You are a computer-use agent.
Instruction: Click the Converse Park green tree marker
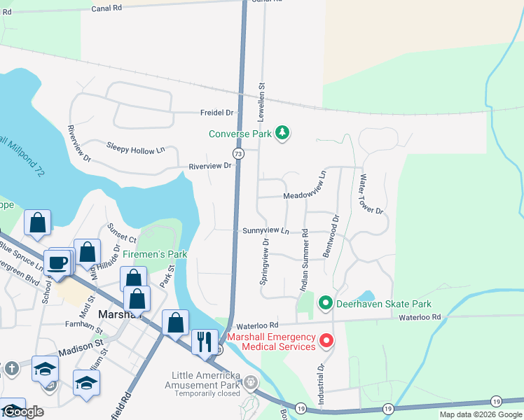coord(282,133)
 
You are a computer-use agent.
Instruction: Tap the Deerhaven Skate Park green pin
coord(325,304)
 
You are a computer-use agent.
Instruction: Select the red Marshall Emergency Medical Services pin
coord(326,341)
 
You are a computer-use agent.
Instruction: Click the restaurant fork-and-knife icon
coord(205,342)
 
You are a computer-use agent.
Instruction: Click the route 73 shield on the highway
coord(238,153)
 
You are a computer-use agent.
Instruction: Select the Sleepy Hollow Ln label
coord(135,148)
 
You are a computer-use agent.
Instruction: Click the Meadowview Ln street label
coord(305,197)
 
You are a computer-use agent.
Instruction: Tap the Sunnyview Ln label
coord(266,230)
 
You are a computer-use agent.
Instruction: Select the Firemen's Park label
coord(155,254)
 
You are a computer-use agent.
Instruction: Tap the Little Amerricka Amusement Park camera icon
coord(251,381)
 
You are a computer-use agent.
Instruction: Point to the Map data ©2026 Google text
coord(480,414)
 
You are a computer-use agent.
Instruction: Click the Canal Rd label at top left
coord(106,8)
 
